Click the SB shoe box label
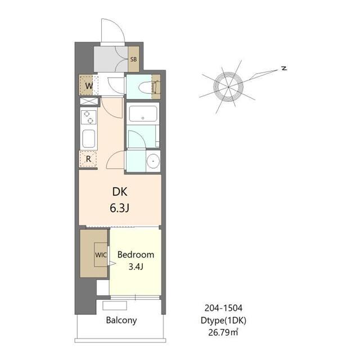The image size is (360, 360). coord(133,59)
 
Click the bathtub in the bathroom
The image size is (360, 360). coord(143,114)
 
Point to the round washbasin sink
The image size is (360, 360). coord(153,161)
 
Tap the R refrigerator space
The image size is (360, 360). coord(88,159)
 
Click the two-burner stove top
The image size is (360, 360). coord(88,117)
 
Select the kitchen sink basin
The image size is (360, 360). coord(89,139)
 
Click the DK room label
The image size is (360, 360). coord(120,192)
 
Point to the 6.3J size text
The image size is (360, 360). coord(119,208)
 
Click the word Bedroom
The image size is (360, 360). coord(136,255)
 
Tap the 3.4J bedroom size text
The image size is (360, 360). coord(136,267)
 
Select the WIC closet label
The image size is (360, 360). coord(101,255)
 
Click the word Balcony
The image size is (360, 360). coord(121,320)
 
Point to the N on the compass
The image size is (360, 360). coord(285,68)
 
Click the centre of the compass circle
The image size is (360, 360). coord(228,87)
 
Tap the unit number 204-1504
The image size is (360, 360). coord(223,308)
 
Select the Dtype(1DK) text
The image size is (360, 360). coord(223,320)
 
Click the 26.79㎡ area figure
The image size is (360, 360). coord(223,332)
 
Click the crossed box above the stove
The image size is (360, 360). coord(89,101)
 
